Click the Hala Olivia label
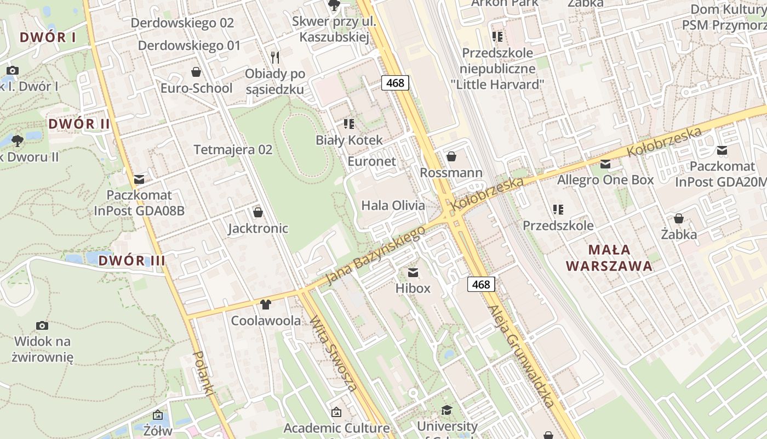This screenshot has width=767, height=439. [x=393, y=206]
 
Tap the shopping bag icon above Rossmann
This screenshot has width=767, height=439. [x=451, y=157]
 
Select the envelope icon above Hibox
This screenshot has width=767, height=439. [x=413, y=272]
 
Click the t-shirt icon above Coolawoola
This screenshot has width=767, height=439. [x=266, y=305]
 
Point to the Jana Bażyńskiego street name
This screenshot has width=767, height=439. [x=375, y=256]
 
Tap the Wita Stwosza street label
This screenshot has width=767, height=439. [x=334, y=353]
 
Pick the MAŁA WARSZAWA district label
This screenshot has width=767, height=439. [x=609, y=258]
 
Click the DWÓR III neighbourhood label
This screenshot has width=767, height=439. [x=131, y=261]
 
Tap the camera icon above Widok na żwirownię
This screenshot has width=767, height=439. [x=42, y=325]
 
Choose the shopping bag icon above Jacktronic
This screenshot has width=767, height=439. [x=258, y=212]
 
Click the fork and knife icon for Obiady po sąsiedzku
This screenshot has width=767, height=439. [x=275, y=57]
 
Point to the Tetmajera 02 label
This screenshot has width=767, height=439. [x=233, y=150]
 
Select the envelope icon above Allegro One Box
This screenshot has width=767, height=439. [x=605, y=164]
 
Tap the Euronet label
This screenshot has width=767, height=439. [x=371, y=161]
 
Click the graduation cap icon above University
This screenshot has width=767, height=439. [x=447, y=410]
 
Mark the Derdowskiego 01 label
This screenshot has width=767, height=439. [x=189, y=46]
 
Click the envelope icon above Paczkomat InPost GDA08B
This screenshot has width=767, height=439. [x=139, y=179]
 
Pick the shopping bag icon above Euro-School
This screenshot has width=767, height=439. [x=196, y=72]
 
